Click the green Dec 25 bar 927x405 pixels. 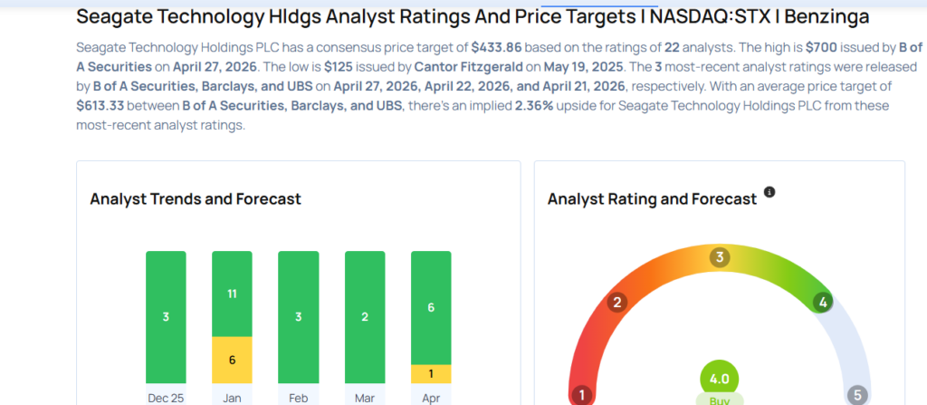[x=166, y=317]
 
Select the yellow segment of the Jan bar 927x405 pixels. [x=232, y=360]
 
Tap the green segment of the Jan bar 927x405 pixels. [x=232, y=294]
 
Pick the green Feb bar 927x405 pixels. [x=298, y=317]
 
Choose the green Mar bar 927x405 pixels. [x=365, y=317]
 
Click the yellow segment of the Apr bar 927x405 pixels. [x=431, y=374]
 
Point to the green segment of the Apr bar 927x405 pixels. [x=431, y=307]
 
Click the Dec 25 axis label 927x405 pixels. [x=166, y=397]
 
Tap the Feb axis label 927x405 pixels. [x=298, y=397]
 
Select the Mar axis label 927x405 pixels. [x=365, y=397]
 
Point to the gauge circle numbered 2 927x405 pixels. [x=617, y=303]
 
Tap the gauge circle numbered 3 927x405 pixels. [x=720, y=257]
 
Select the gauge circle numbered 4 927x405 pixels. [x=823, y=303]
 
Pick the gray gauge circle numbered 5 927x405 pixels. [x=856, y=395]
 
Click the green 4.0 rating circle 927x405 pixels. [x=720, y=379]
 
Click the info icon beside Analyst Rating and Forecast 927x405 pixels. [x=769, y=192]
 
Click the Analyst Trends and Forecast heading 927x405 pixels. [x=196, y=198]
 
